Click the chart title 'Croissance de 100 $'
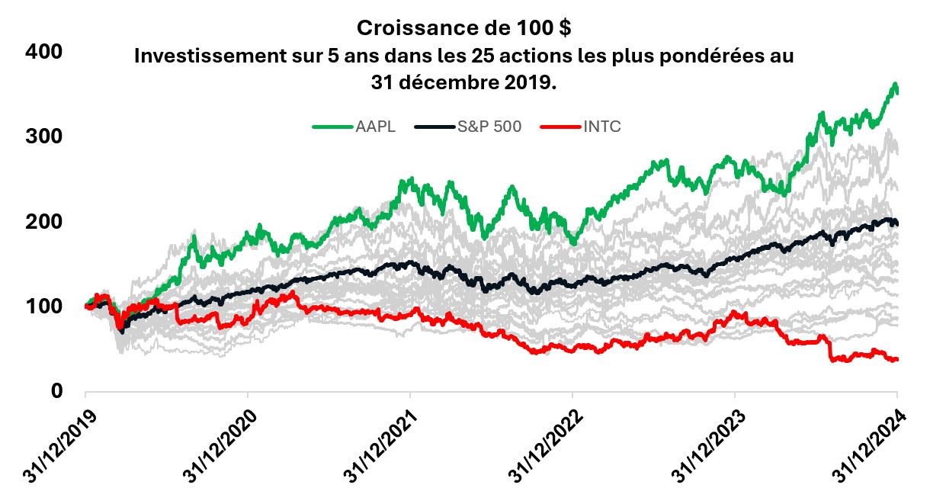coord(464,28)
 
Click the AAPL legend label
coord(375,127)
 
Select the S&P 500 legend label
coord(489,127)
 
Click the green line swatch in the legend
coord(332,127)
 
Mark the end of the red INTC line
coord(897,359)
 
